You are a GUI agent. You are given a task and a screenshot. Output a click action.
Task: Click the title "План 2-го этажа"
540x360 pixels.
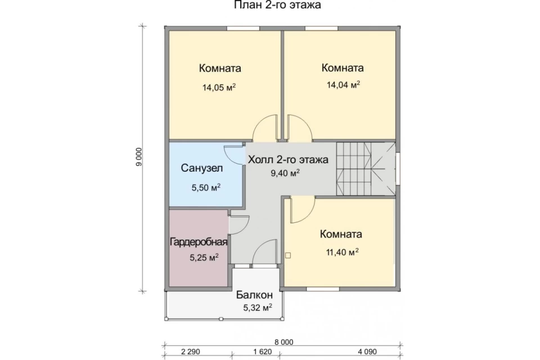pos(277,5)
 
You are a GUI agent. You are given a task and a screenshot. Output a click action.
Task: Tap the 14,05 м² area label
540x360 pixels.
pos(219,87)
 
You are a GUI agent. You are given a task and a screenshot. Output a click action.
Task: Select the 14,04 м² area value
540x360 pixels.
pos(343,84)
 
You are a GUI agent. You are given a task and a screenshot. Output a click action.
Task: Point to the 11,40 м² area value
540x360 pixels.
pos(343,252)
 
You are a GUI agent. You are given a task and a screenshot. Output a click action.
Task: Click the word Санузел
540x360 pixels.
pos(202,168)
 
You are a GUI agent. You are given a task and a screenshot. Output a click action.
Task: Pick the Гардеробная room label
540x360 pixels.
pos(199,242)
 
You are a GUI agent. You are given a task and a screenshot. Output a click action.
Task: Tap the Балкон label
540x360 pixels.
pos(254,295)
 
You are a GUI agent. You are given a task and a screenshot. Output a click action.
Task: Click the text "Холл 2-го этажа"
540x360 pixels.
pos(288,160)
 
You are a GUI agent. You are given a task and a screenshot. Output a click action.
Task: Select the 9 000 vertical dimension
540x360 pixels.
pos(138,157)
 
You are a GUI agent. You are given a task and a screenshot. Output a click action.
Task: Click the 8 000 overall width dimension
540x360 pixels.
pos(283,342)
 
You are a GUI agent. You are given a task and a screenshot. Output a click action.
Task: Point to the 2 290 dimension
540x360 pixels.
pos(191,352)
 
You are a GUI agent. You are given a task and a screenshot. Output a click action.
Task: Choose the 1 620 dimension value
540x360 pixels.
pos(263,352)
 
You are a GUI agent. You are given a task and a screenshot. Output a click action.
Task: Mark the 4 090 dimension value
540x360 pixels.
pos(367,352)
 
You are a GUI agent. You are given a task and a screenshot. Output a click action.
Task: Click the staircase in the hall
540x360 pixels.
pos(366,169)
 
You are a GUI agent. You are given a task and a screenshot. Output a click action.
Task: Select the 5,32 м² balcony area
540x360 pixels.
pos(258,308)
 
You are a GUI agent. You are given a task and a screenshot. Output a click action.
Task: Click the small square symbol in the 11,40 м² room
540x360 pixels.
pos(288,255)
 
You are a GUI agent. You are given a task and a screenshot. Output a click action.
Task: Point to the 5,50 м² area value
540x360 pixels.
pos(206,188)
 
